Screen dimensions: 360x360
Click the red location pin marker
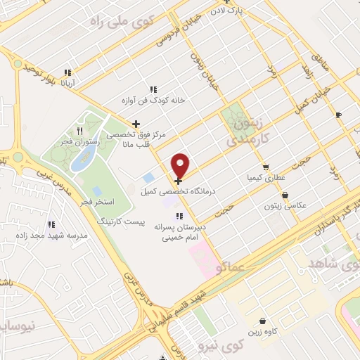(181, 165)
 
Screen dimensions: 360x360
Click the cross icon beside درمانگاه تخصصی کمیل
(176, 181)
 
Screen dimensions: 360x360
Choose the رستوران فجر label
(79, 141)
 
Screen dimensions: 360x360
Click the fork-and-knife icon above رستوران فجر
(79, 131)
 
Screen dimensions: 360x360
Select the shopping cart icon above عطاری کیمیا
(265, 167)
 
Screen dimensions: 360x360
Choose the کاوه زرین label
(262, 331)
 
